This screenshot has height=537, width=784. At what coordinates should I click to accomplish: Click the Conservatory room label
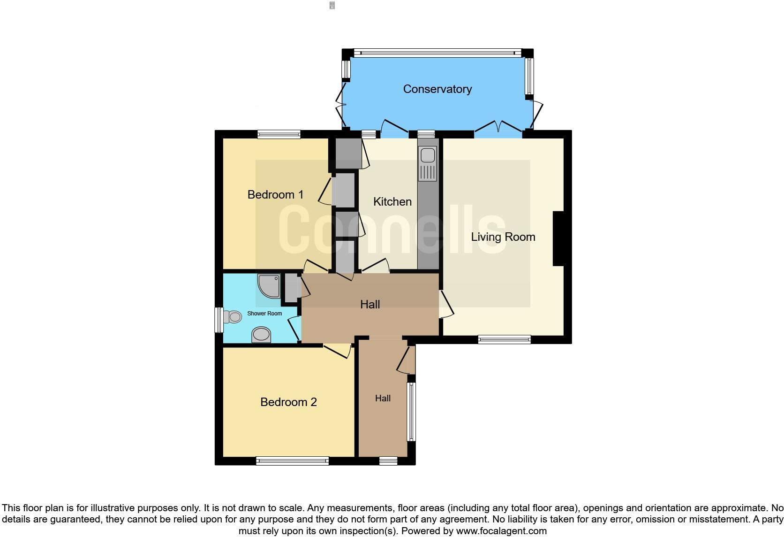[x=437, y=89]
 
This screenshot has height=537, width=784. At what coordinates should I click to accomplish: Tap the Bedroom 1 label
[x=275, y=194]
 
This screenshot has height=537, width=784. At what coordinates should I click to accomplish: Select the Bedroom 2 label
[x=288, y=402]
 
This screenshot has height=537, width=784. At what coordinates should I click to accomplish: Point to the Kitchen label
[x=392, y=202]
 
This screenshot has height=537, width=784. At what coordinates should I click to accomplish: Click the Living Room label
[x=503, y=237]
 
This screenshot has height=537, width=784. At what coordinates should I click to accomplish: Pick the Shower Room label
[x=264, y=314]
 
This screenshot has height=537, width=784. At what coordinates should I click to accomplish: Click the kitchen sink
[x=428, y=163]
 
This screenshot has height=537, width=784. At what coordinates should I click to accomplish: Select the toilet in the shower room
[x=232, y=317]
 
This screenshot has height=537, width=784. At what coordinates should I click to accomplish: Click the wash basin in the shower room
[x=261, y=335]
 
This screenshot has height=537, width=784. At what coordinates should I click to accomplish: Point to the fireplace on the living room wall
[x=558, y=238]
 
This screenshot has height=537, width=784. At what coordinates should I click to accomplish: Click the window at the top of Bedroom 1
[x=279, y=135]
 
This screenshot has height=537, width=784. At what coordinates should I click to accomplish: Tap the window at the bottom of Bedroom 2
[x=292, y=461]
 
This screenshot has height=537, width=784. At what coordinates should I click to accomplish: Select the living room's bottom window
[x=505, y=339]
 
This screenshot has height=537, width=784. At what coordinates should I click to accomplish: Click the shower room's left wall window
[x=219, y=320]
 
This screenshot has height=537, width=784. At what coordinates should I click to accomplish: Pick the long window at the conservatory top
[x=437, y=53]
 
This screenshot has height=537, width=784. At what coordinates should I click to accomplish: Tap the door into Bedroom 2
[x=338, y=350]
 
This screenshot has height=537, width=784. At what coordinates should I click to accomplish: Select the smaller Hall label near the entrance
[x=383, y=399]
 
